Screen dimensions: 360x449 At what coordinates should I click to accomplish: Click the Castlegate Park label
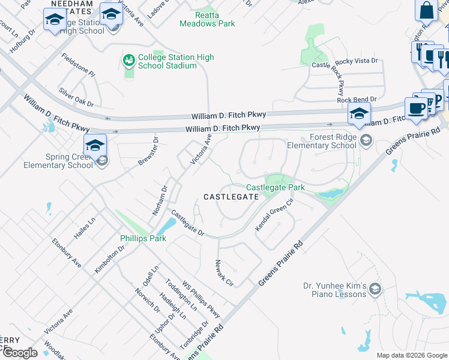276,188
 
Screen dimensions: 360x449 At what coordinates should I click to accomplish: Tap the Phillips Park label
143,238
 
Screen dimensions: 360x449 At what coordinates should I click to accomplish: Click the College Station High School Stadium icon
128,61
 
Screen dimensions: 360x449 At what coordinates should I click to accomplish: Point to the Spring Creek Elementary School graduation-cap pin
95,146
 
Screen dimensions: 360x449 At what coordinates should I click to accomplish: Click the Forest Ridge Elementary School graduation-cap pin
359,113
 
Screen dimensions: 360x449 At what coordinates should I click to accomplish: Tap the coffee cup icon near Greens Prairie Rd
415,108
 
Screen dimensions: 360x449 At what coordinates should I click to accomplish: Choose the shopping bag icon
426,11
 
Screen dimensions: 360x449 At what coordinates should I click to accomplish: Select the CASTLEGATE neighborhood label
231,197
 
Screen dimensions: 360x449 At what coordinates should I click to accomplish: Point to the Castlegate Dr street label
188,222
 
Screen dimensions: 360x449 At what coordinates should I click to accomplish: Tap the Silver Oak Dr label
77,97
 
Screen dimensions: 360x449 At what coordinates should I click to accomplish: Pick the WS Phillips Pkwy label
202,300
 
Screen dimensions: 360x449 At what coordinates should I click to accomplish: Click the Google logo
20,353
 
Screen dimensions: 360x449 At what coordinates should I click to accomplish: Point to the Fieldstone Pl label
79,65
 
